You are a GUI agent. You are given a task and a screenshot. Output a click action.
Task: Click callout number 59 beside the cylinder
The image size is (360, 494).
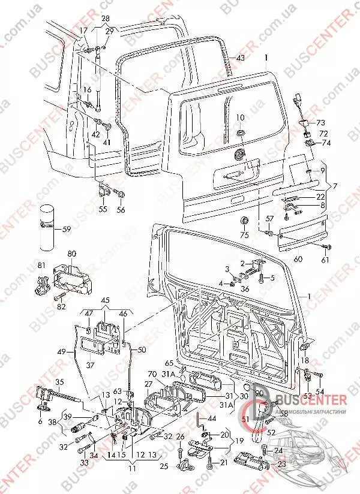click(67, 228)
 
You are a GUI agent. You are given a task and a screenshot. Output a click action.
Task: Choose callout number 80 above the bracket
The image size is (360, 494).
click(72, 254)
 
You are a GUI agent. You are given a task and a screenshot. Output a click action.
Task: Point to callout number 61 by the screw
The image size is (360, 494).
click(326, 260)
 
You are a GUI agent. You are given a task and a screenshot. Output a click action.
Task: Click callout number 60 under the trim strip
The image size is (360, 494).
click(298, 258)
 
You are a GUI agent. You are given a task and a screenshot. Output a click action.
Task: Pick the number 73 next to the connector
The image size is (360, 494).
click(320, 122)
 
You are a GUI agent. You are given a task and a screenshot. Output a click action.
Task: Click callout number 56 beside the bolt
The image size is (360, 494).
click(121, 210)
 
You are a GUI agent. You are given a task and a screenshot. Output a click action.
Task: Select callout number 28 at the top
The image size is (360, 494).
click(106, 19)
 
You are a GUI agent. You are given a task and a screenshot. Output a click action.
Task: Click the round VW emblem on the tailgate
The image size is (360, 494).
click(241, 153)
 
